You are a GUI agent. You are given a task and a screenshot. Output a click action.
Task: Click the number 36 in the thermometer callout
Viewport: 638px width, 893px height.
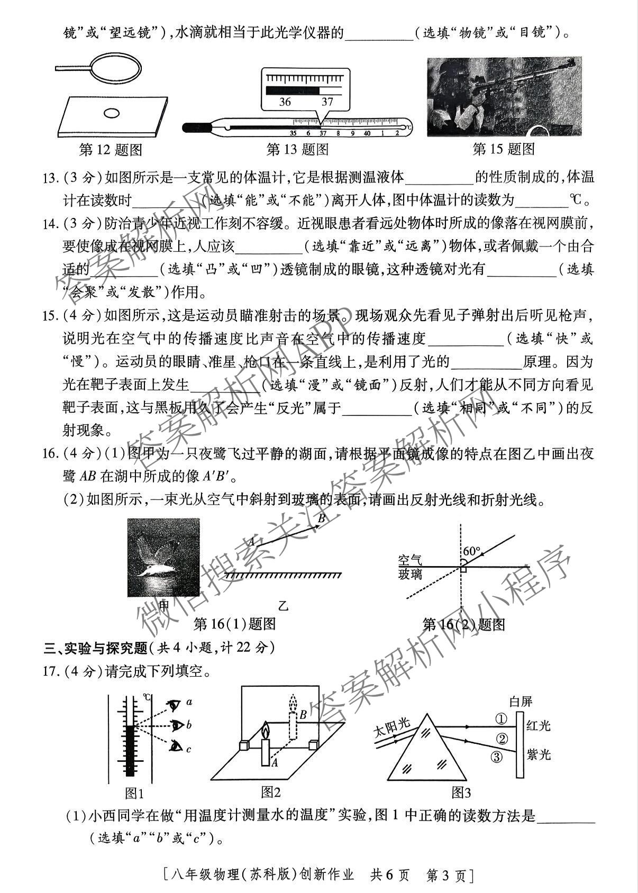click(x=285, y=102)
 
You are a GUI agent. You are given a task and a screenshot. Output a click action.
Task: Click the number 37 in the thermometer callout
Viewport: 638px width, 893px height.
click(x=327, y=102)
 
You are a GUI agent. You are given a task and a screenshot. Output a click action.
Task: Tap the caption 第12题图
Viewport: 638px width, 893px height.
click(x=111, y=150)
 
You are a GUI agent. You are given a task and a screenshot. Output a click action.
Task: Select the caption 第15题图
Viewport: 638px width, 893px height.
click(x=504, y=149)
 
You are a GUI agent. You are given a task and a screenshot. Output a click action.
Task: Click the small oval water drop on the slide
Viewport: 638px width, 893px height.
click(x=112, y=113)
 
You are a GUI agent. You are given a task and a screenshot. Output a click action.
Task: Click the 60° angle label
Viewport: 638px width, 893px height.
click(x=471, y=551)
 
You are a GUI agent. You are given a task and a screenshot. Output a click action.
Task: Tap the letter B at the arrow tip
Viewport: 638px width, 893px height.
click(x=321, y=518)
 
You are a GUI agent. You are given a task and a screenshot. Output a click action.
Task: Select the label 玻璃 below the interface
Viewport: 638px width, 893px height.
click(x=411, y=575)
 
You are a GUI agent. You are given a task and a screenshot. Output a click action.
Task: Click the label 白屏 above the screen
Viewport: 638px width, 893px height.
click(x=521, y=702)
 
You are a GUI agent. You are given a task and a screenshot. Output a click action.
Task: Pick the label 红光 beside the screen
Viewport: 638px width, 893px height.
click(x=539, y=726)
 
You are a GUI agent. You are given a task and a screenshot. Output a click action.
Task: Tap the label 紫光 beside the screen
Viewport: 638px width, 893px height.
click(x=539, y=754)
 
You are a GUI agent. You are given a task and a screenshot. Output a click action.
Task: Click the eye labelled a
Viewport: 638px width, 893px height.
click(x=174, y=704)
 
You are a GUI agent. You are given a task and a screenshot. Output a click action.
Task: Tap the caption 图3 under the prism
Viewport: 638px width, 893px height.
click(x=460, y=792)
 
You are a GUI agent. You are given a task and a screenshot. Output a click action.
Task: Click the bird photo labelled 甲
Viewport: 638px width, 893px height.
click(x=163, y=557)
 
